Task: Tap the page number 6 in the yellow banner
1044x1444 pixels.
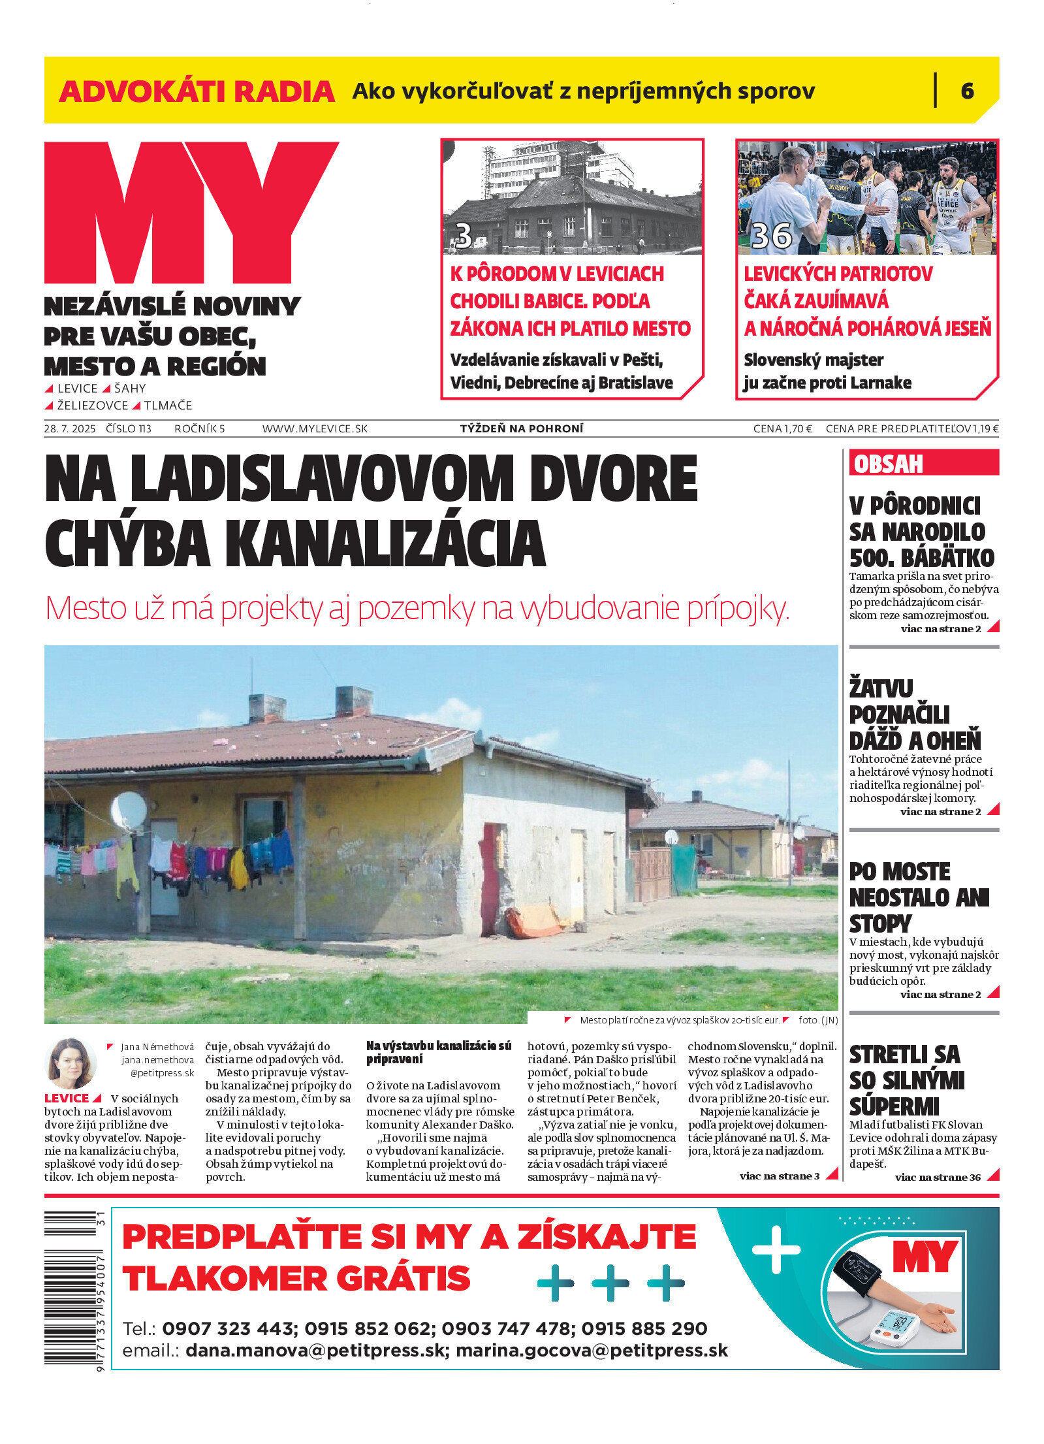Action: pyautogui.click(x=967, y=91)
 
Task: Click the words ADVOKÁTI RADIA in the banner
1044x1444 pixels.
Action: pyautogui.click(x=197, y=91)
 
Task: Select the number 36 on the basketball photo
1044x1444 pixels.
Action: pyautogui.click(x=771, y=236)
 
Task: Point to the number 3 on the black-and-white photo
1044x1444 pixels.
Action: pyautogui.click(x=463, y=236)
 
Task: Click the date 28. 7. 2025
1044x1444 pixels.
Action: pyautogui.click(x=70, y=429)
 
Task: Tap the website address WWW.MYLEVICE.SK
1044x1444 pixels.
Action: pyautogui.click(x=315, y=429)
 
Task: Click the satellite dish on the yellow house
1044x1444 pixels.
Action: pyautogui.click(x=128, y=810)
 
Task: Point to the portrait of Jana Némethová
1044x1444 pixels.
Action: pyautogui.click(x=70, y=1063)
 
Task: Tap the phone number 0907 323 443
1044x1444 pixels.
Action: pyautogui.click(x=228, y=1328)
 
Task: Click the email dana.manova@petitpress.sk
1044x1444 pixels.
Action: pyautogui.click(x=315, y=1351)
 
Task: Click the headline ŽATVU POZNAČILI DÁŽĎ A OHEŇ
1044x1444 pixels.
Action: pyautogui.click(x=914, y=714)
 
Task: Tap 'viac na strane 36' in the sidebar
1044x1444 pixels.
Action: pyautogui.click(x=938, y=1178)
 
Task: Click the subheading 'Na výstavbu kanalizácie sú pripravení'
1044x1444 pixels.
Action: pyautogui.click(x=438, y=1052)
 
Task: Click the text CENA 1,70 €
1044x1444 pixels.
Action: pyautogui.click(x=782, y=429)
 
